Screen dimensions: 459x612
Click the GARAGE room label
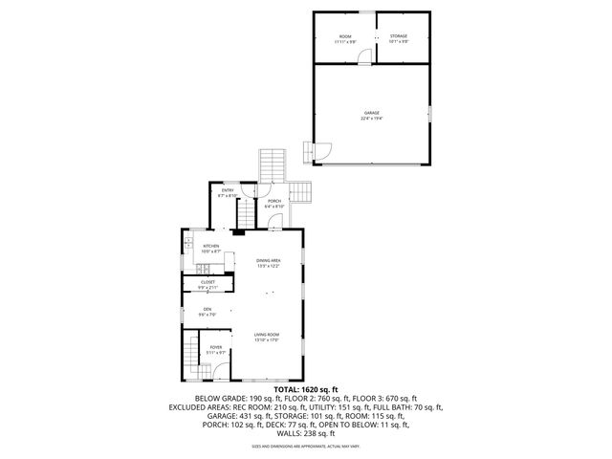click(x=371, y=113)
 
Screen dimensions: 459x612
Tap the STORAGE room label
click(x=398, y=36)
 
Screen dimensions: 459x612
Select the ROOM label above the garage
click(x=344, y=36)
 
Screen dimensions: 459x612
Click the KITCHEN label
click(x=211, y=246)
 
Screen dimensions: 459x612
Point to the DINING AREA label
click(x=268, y=260)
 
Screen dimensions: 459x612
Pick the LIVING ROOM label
click(x=267, y=334)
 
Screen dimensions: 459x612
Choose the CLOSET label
click(x=208, y=282)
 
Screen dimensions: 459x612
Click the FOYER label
click(x=216, y=347)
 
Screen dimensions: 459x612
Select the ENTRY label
click(x=228, y=190)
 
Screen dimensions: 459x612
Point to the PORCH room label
click(x=274, y=201)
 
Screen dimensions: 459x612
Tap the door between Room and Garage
click(x=363, y=60)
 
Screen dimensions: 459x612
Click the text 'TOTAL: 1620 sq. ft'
click(x=305, y=390)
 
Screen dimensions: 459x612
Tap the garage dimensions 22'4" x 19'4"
click(x=371, y=119)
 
